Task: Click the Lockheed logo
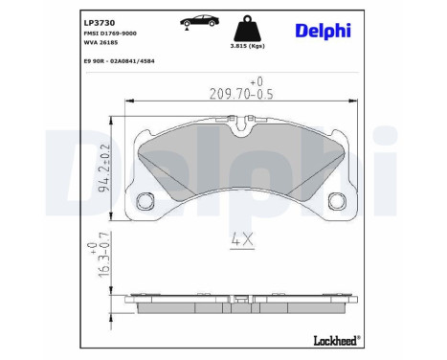[x=336, y=338]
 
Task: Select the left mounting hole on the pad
[x=147, y=201]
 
